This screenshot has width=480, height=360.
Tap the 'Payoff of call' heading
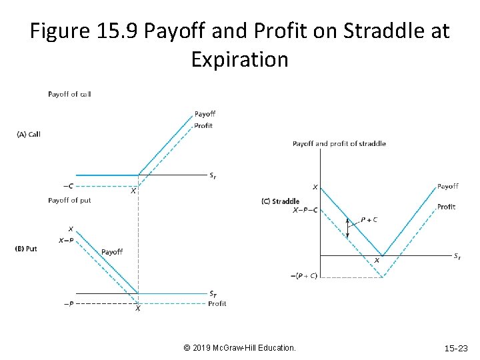tap(69, 94)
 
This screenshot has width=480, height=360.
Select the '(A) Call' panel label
tap(29, 134)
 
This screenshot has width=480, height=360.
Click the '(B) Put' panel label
tap(26, 249)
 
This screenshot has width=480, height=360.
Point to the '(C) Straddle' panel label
tap(281, 201)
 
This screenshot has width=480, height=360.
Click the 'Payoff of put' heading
tap(69, 200)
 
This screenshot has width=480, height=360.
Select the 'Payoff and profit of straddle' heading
tap(339, 143)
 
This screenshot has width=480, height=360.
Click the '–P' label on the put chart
tap(69, 304)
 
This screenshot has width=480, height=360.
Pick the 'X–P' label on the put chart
tap(66, 241)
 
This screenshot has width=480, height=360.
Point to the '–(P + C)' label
tap(304, 277)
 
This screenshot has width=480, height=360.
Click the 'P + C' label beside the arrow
tap(369, 219)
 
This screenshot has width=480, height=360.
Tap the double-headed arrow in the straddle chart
tap(347, 227)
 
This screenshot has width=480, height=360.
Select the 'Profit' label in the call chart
tap(203, 125)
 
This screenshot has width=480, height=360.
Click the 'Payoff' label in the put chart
tap(112, 252)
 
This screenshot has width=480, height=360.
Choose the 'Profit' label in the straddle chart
tap(446, 207)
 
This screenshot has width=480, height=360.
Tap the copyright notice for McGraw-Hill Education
tap(239, 348)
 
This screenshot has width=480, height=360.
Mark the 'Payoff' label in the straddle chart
tap(447, 186)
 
